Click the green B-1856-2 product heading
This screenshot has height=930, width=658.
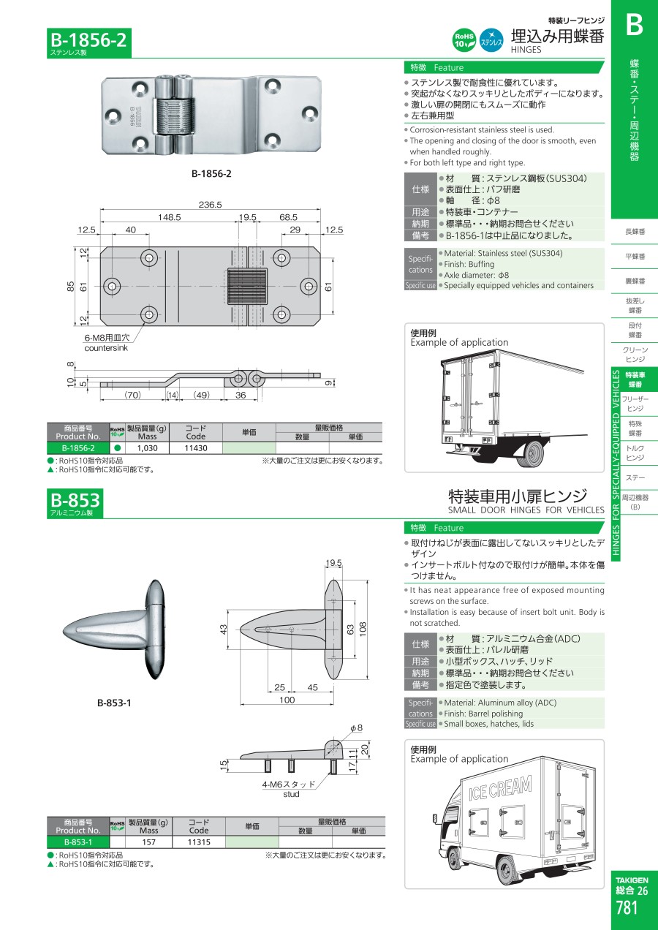click(88, 40)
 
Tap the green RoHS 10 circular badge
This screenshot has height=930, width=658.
click(464, 40)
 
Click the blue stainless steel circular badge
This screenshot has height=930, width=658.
click(491, 40)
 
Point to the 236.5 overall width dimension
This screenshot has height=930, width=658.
click(211, 204)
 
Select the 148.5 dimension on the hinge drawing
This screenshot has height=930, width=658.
click(169, 216)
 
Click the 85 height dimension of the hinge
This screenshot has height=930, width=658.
click(71, 287)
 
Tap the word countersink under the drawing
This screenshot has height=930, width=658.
click(106, 348)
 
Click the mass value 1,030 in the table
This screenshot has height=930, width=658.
click(148, 448)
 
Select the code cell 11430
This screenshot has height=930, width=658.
click(195, 448)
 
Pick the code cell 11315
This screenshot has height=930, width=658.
click(199, 842)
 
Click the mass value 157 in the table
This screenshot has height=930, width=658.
click(148, 842)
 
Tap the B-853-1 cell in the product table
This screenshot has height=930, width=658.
click(78, 842)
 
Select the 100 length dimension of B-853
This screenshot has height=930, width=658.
click(287, 700)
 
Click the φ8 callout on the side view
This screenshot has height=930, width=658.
click(356, 727)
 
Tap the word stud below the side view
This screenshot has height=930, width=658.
click(291, 794)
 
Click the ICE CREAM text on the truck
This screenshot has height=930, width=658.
click(500, 787)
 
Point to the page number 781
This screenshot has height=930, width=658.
click(627, 908)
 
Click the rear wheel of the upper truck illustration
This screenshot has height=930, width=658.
click(531, 453)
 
